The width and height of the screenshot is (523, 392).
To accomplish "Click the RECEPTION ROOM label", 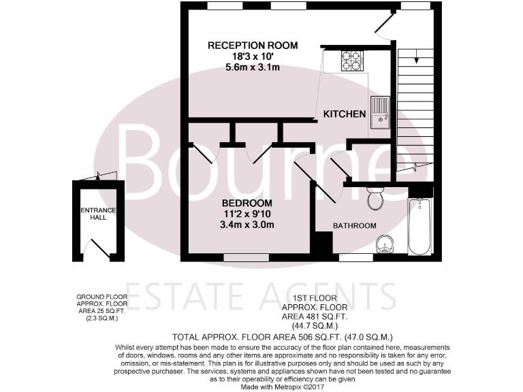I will tap(253, 46).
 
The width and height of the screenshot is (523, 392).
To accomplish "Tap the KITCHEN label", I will tap(345, 114).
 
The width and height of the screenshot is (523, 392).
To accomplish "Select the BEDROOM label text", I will tap(248, 203).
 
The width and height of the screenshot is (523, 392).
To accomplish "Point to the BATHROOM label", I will tap(354, 225).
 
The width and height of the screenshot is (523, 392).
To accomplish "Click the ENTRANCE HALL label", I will tap(99, 214).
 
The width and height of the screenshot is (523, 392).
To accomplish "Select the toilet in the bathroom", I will tap(374, 198).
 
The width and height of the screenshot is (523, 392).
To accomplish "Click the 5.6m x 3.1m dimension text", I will tap(253, 67).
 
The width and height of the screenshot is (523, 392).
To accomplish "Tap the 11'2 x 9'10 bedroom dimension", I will tap(248, 214).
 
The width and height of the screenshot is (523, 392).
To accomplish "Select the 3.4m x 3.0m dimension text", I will tap(248, 225).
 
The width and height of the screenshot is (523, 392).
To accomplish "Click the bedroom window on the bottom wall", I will tap(246, 258).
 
